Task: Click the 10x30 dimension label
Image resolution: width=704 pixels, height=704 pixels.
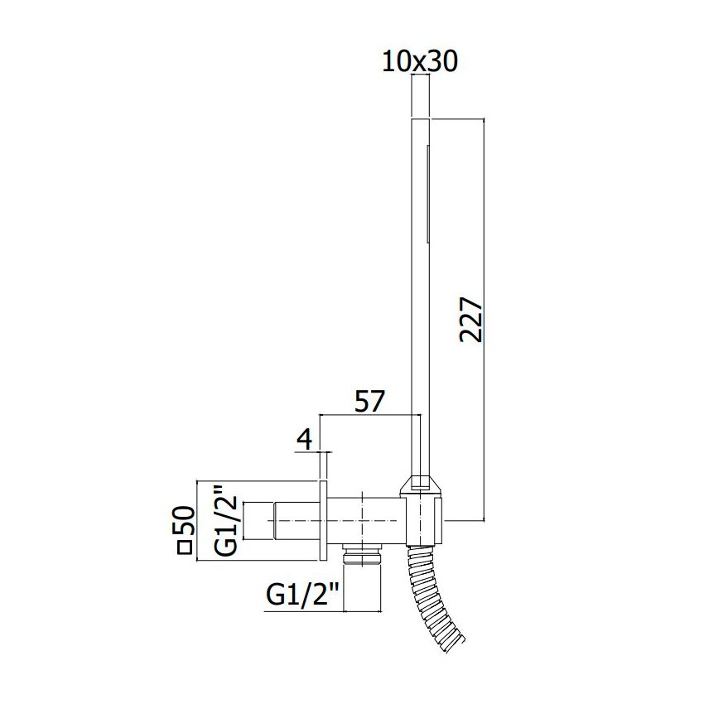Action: click(420, 61)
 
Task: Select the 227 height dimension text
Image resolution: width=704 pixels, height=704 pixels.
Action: click(471, 319)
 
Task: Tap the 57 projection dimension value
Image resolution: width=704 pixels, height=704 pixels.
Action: click(370, 402)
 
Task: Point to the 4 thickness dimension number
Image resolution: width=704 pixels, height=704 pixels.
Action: click(305, 440)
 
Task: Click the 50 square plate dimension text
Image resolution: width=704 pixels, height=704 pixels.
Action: click(184, 520)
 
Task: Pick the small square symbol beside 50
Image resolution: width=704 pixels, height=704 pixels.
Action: click(185, 548)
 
